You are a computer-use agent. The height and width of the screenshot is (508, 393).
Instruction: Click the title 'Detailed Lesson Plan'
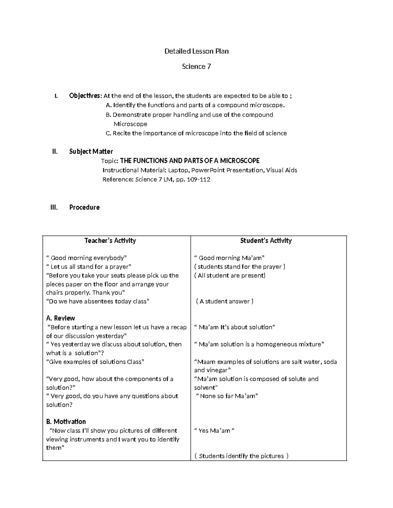[196, 51]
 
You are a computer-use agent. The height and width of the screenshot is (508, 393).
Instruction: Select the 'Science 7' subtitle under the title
[196, 66]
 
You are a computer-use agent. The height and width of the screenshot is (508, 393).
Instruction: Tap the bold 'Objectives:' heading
[85, 96]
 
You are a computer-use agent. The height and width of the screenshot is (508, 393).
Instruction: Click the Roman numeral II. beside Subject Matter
[55, 151]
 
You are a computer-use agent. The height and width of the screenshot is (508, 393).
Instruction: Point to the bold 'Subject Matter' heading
[91, 151]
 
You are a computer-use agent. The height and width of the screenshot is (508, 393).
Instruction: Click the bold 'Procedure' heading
[84, 207]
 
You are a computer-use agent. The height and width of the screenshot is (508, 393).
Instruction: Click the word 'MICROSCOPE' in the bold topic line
[240, 161]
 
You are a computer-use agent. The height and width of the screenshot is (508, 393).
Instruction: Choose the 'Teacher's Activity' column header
[110, 241]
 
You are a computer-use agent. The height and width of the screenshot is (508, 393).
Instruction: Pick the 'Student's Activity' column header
[266, 241]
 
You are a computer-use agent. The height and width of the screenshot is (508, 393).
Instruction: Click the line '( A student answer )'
[225, 301]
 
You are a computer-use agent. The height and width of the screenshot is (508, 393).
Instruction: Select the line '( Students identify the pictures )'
[241, 456]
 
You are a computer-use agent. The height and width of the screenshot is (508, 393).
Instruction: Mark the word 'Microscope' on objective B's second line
[130, 124]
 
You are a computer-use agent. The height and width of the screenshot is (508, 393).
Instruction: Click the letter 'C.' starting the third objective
[108, 133]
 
